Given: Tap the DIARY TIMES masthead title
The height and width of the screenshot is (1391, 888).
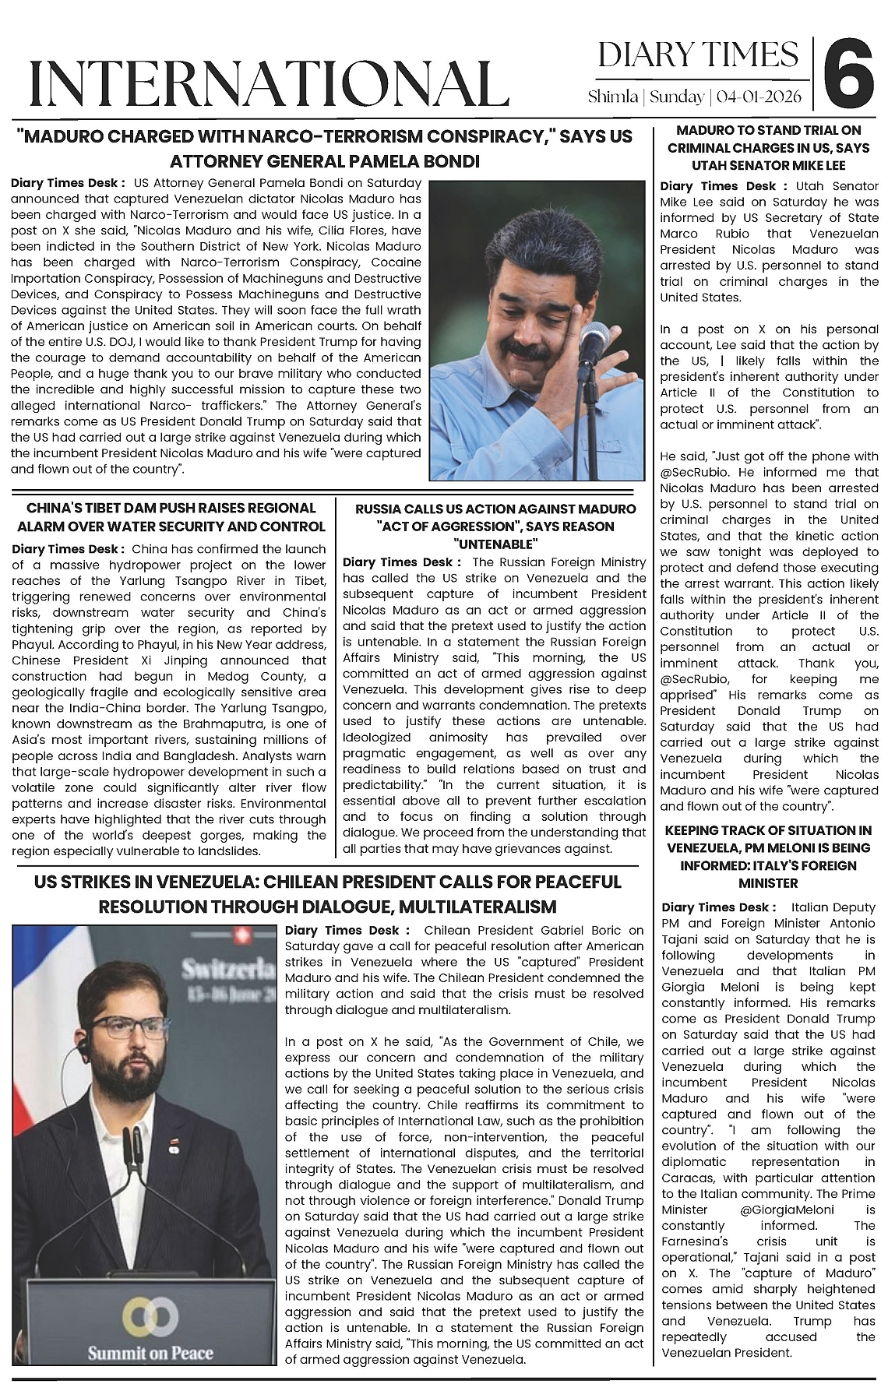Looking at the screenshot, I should coord(698,55).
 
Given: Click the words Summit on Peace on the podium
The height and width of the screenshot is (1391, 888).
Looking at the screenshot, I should coord(150,1351).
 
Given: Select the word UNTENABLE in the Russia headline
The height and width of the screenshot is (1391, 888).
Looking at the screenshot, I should coord(495,544).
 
